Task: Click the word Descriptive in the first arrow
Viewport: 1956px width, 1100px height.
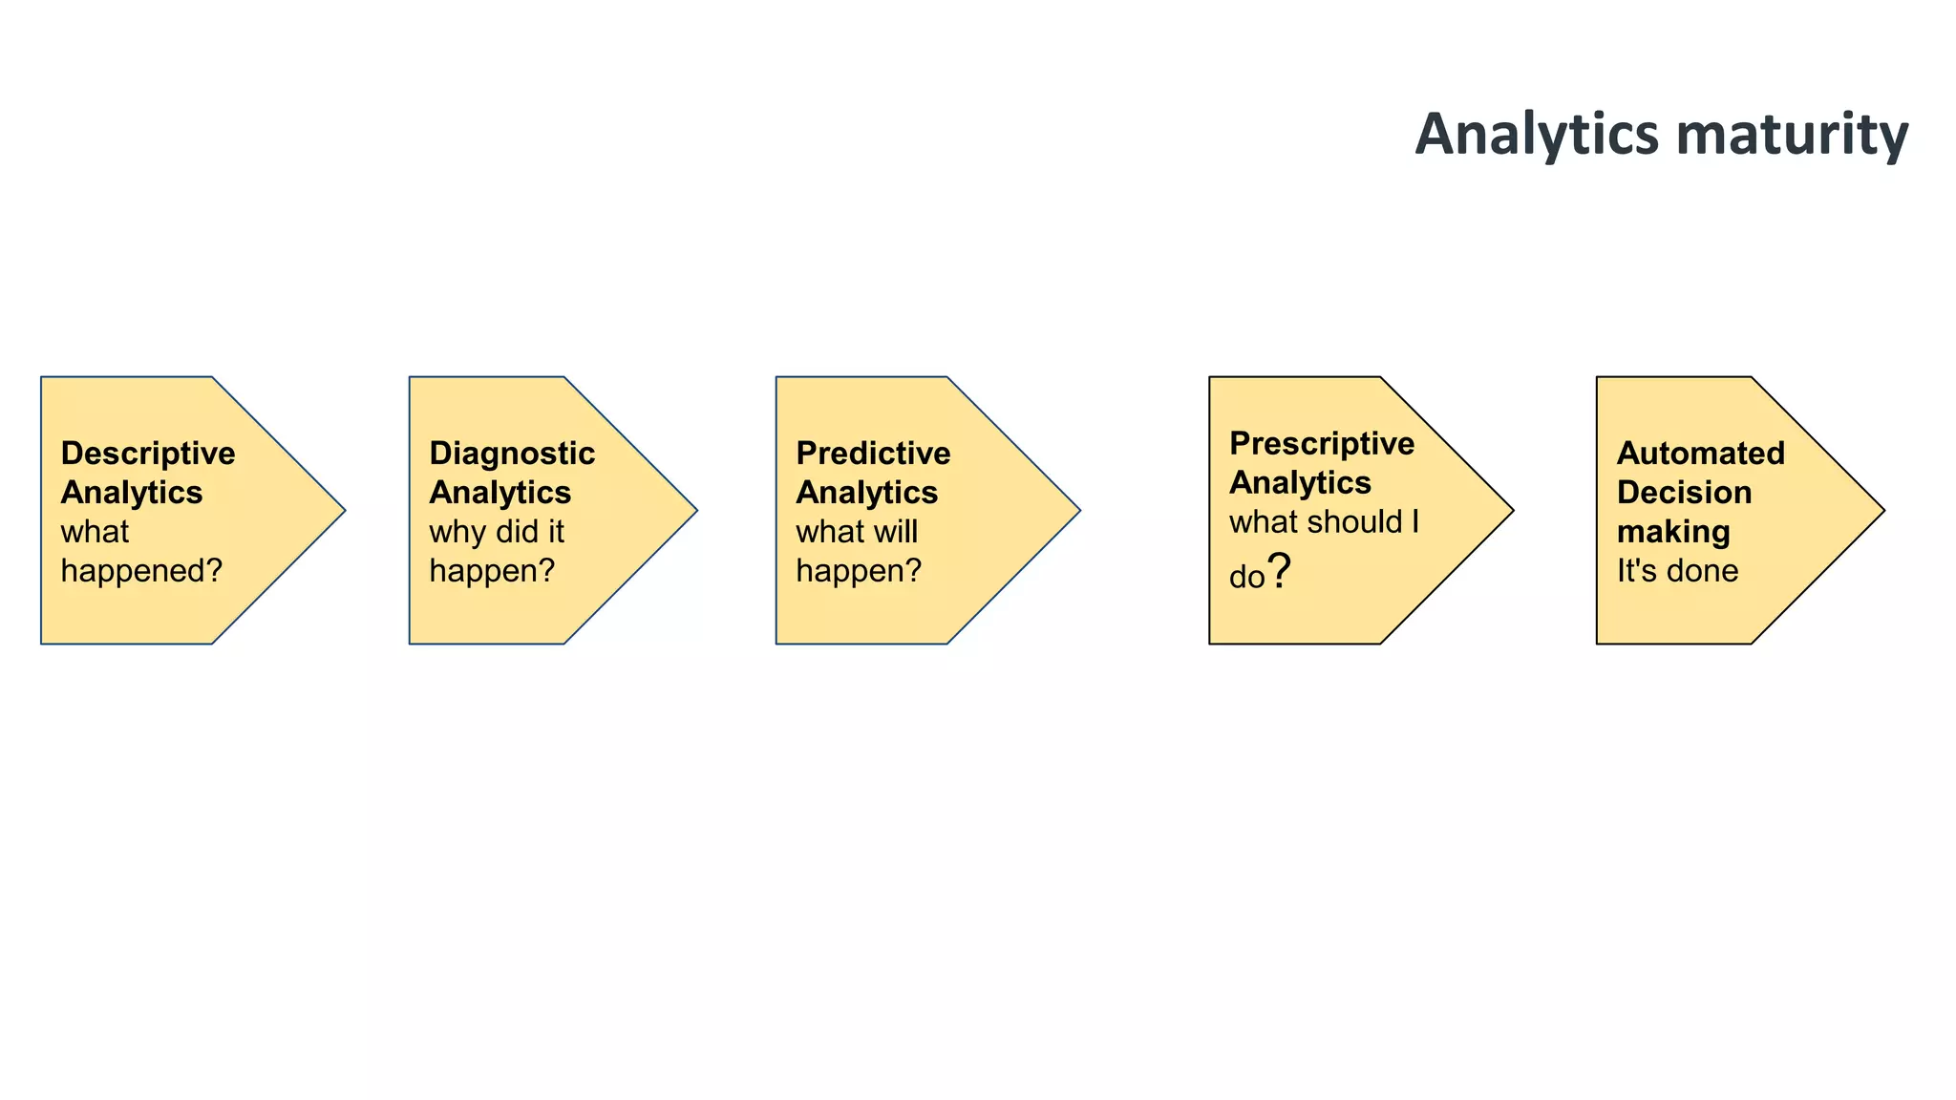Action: [x=148, y=454]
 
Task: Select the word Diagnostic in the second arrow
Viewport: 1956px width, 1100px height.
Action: [x=512, y=454]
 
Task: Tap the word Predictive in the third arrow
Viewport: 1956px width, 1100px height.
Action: [x=873, y=454]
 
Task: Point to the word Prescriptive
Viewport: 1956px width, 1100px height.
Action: [x=1322, y=444]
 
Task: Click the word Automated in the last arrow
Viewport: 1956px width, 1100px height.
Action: [x=1700, y=454]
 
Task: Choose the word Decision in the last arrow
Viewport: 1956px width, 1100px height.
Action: [x=1684, y=493]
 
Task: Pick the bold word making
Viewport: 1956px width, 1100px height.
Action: [x=1673, y=532]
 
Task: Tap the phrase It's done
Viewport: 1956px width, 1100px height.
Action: [x=1677, y=571]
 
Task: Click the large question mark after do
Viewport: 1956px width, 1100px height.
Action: [x=1279, y=571]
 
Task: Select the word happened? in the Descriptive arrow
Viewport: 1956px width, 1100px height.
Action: [x=141, y=571]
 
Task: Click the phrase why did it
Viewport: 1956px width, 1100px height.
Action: [x=497, y=532]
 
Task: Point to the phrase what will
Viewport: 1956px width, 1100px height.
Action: [x=857, y=532]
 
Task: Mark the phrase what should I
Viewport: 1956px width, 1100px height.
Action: [x=1324, y=522]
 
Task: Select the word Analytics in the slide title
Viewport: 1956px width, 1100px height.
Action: [x=1537, y=134]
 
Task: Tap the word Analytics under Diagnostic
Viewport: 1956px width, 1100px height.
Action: [x=500, y=493]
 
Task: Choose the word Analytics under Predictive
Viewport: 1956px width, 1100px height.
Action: [x=866, y=493]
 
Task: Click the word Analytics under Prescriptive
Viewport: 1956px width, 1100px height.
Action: [x=1300, y=483]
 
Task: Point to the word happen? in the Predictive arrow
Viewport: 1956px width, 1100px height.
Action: [x=859, y=571]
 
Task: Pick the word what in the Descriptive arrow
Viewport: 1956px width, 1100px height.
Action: [x=95, y=532]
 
